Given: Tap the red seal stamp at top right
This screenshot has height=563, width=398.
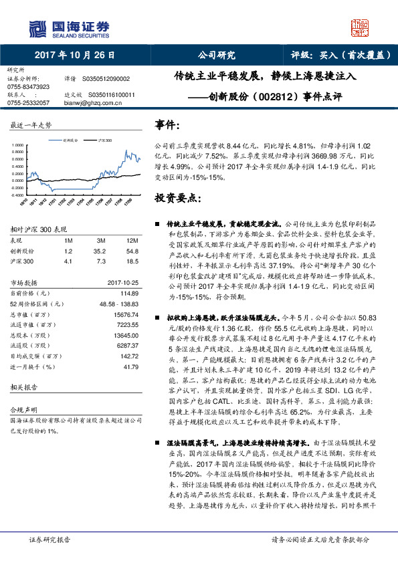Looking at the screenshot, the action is click(361, 28).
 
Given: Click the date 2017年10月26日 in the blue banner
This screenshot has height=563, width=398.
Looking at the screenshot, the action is click(74, 55).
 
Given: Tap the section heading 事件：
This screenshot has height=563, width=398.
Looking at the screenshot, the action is click(167, 125).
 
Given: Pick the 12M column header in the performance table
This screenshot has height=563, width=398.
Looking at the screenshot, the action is click(132, 240).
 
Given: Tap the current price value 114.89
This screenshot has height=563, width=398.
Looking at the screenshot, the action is click(128, 294).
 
